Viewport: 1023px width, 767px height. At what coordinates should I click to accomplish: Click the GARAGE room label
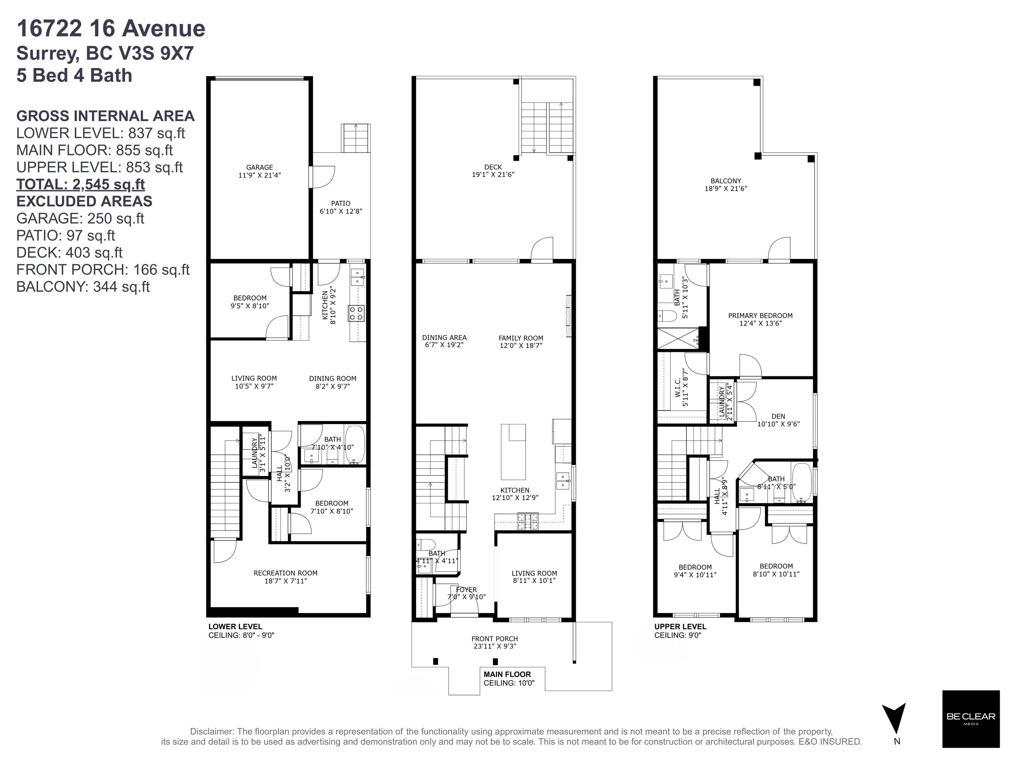[x=259, y=167]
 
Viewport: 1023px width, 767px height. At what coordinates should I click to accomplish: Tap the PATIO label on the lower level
[x=341, y=203]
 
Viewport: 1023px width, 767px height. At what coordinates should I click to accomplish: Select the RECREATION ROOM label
[x=285, y=573]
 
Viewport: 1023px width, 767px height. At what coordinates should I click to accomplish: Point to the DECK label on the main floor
[x=493, y=167]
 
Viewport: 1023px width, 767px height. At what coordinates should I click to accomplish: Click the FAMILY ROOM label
[x=521, y=338]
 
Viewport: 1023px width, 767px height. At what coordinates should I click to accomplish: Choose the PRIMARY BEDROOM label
[x=760, y=316]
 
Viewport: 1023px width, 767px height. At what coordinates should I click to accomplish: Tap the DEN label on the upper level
[x=778, y=416]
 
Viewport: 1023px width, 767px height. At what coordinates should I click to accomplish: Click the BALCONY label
[x=726, y=181]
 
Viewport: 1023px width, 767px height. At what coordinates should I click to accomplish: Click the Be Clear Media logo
[x=971, y=719]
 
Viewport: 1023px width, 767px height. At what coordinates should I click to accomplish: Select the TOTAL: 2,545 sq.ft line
[x=81, y=184]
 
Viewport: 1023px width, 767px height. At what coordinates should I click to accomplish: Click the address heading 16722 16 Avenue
[x=111, y=29]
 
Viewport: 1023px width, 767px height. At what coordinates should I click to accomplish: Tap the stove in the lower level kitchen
[x=356, y=313]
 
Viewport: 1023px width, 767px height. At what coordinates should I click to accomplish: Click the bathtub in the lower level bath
[x=355, y=444]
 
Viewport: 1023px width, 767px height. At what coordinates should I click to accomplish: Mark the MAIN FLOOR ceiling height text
[x=509, y=683]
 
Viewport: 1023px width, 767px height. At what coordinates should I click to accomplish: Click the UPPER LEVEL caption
[x=680, y=627]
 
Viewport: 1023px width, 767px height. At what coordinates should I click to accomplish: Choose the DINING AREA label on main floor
[x=444, y=338]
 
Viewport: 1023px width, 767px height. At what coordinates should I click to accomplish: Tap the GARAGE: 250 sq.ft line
[x=81, y=219]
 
